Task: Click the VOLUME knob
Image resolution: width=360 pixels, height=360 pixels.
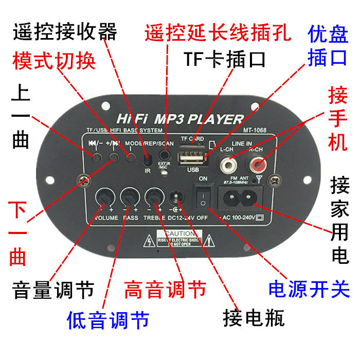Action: click(x=105, y=197)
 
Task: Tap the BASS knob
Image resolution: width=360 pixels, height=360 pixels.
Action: click(x=129, y=197)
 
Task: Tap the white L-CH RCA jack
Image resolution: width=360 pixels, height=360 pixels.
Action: click(x=227, y=165)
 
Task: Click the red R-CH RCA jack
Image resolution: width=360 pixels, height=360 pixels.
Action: click(x=256, y=165)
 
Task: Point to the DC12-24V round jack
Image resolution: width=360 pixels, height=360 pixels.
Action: click(x=176, y=198)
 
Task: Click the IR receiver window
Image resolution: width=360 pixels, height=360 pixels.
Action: click(x=148, y=156)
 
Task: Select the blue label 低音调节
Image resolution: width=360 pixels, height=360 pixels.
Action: click(x=108, y=320)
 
